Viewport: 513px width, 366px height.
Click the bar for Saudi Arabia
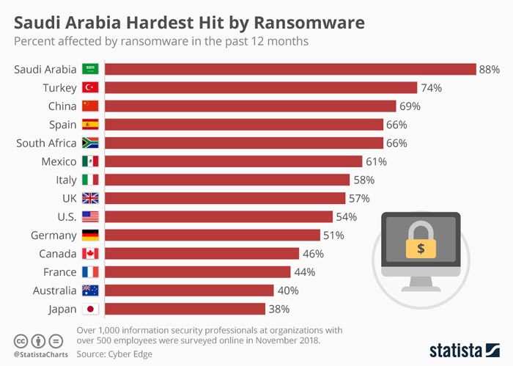coord(291,69)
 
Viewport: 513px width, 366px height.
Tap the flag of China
coord(90,106)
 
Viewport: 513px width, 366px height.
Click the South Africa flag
coord(90,143)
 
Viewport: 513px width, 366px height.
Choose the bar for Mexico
coord(234,161)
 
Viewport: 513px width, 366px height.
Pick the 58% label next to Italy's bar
coord(364,180)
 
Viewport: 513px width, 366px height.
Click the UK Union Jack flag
coord(90,198)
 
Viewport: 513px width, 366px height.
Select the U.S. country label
coord(62,216)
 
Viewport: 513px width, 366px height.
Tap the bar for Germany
coord(213,235)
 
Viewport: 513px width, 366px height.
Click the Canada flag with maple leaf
coord(90,254)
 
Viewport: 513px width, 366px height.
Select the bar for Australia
coord(189,290)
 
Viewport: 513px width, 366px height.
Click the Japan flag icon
coord(90,309)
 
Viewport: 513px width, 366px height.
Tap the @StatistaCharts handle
coord(40,355)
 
